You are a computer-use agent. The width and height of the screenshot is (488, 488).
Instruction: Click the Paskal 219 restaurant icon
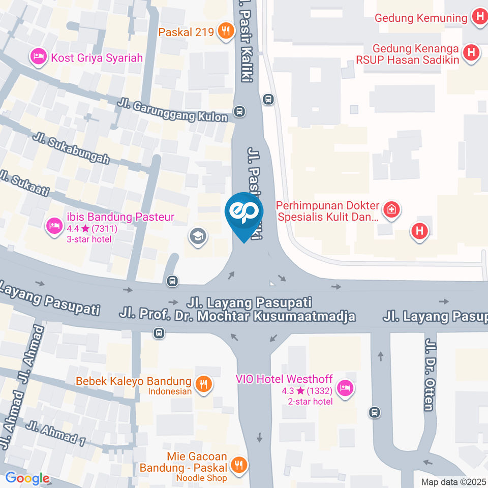[224, 32]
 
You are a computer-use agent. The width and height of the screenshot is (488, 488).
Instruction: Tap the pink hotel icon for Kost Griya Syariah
[38, 57]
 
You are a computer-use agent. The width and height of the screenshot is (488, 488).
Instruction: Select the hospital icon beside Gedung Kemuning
[479, 18]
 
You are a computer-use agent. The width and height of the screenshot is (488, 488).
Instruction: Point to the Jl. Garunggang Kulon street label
[173, 110]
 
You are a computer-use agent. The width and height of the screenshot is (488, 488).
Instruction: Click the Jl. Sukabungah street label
[71, 148]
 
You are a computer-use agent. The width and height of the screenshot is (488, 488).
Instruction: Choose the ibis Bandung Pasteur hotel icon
[54, 225]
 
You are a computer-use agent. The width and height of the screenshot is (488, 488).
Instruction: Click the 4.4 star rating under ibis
[91, 229]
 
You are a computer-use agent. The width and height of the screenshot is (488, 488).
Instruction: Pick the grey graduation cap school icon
[197, 236]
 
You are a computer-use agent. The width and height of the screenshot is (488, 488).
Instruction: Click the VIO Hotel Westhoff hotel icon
[346, 388]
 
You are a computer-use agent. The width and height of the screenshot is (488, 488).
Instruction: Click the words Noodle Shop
[201, 478]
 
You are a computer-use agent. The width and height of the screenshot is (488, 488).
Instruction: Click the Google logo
[27, 478]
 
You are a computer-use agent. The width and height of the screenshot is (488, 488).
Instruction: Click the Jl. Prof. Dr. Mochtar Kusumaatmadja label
[237, 316]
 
